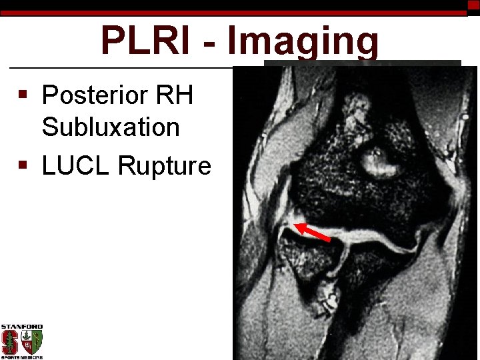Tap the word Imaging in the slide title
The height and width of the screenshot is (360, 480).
[x=303, y=42]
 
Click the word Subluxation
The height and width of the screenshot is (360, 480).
[x=111, y=127]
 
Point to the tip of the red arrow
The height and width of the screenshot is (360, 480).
[x=297, y=226]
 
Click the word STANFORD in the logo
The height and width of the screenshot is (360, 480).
[x=22, y=327]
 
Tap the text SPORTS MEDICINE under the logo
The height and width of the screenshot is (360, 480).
[x=22, y=357]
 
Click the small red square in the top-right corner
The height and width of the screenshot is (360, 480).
[x=473, y=5]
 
